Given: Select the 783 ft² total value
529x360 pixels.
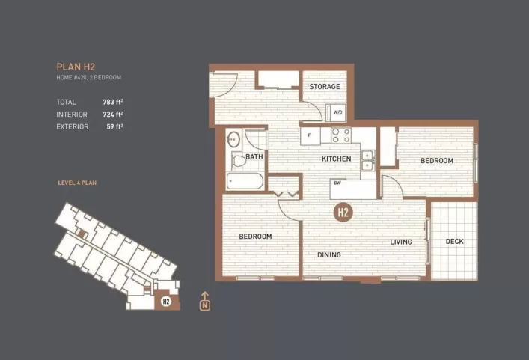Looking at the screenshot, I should [113, 101].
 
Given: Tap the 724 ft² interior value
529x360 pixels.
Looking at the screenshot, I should [113, 114].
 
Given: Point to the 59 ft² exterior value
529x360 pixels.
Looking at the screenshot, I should [114, 126].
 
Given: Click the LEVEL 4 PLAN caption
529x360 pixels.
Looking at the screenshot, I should [77, 183].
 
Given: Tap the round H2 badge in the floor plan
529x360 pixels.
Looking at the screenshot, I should [343, 212].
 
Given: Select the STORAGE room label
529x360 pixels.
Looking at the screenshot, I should [325, 87].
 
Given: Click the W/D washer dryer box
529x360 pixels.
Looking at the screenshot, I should [337, 112].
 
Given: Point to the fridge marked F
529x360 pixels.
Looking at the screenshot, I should [310, 136].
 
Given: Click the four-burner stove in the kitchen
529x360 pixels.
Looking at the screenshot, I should [341, 135].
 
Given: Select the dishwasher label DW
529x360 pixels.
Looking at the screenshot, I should [338, 183].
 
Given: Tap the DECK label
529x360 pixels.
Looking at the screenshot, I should [454, 241].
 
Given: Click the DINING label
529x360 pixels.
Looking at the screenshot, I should [328, 255].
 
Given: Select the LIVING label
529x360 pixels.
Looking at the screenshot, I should [401, 242].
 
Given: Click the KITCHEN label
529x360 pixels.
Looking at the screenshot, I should [337, 159].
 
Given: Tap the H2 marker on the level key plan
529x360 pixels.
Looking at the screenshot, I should [165, 302].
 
